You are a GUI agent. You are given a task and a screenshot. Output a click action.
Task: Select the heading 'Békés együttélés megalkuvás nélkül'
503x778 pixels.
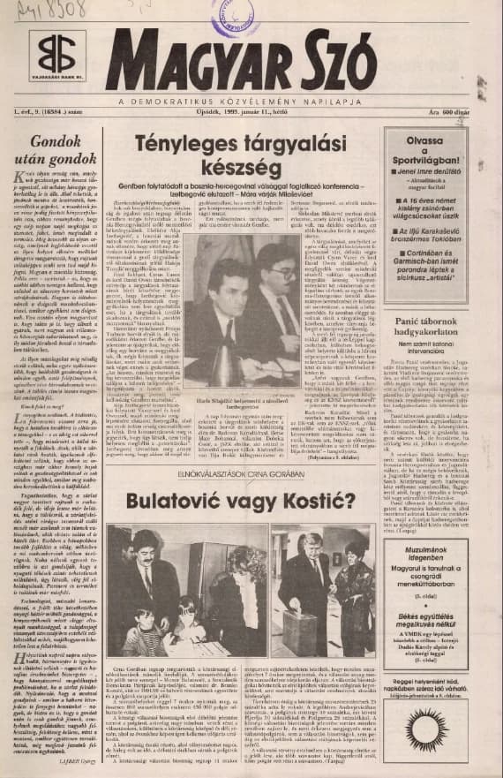click(431, 608)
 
